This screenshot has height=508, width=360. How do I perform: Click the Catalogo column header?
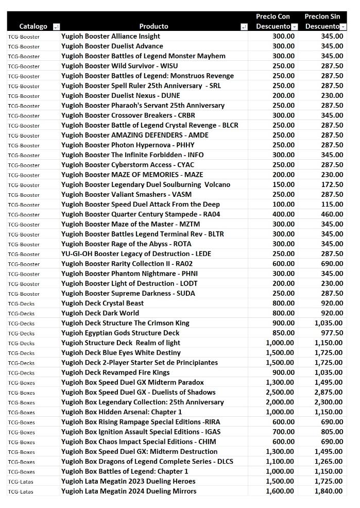coord(33,26)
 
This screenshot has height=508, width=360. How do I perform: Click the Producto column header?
coord(153,26)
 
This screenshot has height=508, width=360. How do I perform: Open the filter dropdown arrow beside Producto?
coord(244,27)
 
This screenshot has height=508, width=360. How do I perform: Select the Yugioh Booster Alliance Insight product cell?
coord(110,36)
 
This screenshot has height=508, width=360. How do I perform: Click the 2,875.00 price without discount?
coord(329,392)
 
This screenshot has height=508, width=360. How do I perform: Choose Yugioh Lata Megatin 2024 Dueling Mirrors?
coord(129,491)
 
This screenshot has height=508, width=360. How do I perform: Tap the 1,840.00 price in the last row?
coord(329,491)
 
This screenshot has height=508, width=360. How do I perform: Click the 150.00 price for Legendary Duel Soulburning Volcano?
coord(283,184)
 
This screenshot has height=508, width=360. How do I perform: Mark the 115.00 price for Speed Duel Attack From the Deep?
coord(332,205)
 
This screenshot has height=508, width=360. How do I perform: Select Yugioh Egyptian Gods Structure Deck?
coord(120,333)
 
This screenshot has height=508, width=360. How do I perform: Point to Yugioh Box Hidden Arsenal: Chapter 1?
coord(121,412)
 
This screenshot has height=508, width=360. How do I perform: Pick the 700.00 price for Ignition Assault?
coord(283,432)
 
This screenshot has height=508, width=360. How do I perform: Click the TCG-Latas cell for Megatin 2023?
coord(21,481)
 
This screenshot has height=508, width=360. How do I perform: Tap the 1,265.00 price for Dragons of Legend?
coord(329,462)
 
